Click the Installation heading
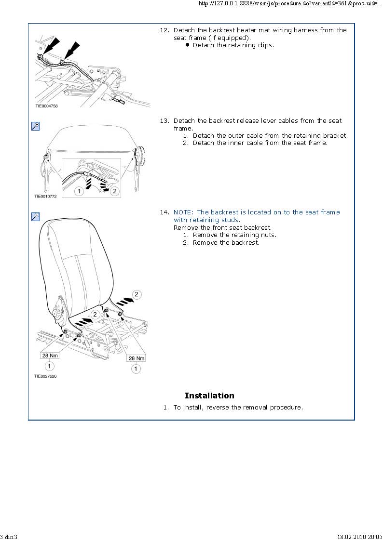click(x=209, y=396)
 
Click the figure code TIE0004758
click(x=46, y=106)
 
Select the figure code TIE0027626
click(x=45, y=376)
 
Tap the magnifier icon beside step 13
click(x=35, y=126)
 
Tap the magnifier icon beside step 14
click(x=35, y=217)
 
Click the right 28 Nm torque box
click(x=136, y=358)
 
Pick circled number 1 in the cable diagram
click(x=79, y=191)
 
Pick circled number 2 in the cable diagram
click(x=114, y=191)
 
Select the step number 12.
click(x=164, y=30)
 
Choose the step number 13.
click(x=164, y=121)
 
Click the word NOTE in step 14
click(x=183, y=212)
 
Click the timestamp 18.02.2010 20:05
click(x=359, y=537)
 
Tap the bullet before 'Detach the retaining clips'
click(x=187, y=45)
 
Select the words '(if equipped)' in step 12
click(x=229, y=38)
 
